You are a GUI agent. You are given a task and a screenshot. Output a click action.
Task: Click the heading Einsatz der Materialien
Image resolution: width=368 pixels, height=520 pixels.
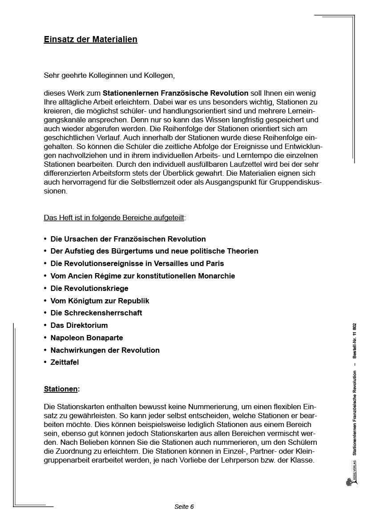pos(90,40)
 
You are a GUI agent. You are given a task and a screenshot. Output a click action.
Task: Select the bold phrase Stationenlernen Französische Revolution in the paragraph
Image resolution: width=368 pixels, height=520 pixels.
pos(175,93)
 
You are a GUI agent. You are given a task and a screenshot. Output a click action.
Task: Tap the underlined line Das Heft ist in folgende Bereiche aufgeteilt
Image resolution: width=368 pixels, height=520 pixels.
pos(114,218)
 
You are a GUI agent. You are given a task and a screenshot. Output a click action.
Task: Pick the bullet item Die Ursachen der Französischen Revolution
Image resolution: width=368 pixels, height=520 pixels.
pos(128,239)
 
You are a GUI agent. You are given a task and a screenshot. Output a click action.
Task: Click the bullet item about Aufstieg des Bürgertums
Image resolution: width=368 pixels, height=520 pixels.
pos(154,251)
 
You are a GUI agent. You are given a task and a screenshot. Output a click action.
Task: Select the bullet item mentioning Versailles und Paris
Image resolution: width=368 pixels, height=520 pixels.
pos(137,264)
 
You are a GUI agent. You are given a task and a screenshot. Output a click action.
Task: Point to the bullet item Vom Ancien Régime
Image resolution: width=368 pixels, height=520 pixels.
pos(142,276)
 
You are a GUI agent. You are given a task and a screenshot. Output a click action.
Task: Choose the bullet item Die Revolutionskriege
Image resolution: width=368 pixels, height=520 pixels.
pos(89,288)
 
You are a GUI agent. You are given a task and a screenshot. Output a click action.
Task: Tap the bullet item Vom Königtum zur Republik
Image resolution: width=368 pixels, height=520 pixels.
pos(100,301)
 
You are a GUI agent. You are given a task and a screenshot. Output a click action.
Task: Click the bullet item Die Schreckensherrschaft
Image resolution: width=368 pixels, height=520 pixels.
pos(96,313)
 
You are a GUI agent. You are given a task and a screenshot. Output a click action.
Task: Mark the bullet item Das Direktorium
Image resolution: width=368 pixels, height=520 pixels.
pos(79,325)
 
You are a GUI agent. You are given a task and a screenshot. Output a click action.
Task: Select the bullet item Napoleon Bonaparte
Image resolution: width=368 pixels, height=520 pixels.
pos(87,338)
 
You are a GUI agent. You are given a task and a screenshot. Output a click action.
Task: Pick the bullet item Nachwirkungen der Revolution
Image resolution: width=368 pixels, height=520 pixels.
pos(105,350)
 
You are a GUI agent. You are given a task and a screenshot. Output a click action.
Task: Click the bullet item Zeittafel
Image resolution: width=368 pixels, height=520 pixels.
pos(65,363)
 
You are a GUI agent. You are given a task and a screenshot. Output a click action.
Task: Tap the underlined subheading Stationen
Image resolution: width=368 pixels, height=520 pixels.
pos(61,389)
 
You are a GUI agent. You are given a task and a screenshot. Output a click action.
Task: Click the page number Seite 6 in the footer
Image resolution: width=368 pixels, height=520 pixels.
pos(184,507)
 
